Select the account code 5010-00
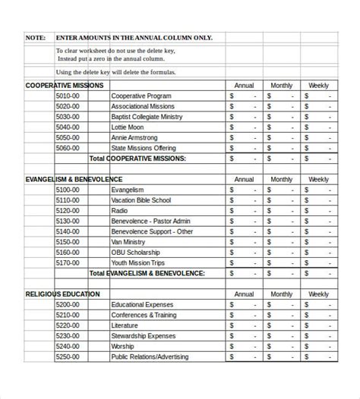(x=67, y=96)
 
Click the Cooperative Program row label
(x=141, y=96)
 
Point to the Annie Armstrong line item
(x=134, y=138)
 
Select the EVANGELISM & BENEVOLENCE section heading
(x=73, y=180)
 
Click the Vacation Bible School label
(x=141, y=200)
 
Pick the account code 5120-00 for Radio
(x=67, y=211)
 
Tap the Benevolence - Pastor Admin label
(x=151, y=221)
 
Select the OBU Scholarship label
(x=136, y=253)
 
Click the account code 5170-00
(x=67, y=263)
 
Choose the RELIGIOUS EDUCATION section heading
(x=62, y=294)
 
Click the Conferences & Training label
(x=144, y=315)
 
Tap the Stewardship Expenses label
(x=143, y=335)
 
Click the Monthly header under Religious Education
(x=281, y=294)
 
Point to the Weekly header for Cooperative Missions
(x=317, y=86)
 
